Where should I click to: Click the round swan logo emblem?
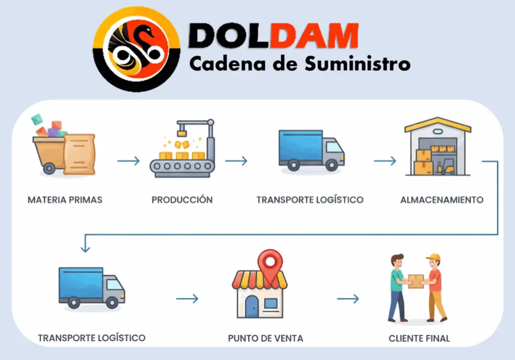pos(135,49)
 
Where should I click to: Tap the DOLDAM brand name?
pos(274,36)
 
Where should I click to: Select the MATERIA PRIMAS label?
pos(65,200)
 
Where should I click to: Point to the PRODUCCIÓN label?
pos(182,200)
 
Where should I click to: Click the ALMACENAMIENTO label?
pos(442,200)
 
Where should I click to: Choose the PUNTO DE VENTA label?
pos(266,338)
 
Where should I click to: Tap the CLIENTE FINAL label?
pos(419,338)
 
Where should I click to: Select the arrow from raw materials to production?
pos(128,161)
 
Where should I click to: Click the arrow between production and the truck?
pos(236,161)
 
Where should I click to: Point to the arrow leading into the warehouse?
pos(385,161)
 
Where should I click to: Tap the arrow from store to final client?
pos(348,299)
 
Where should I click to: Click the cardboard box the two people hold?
pos(416,281)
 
